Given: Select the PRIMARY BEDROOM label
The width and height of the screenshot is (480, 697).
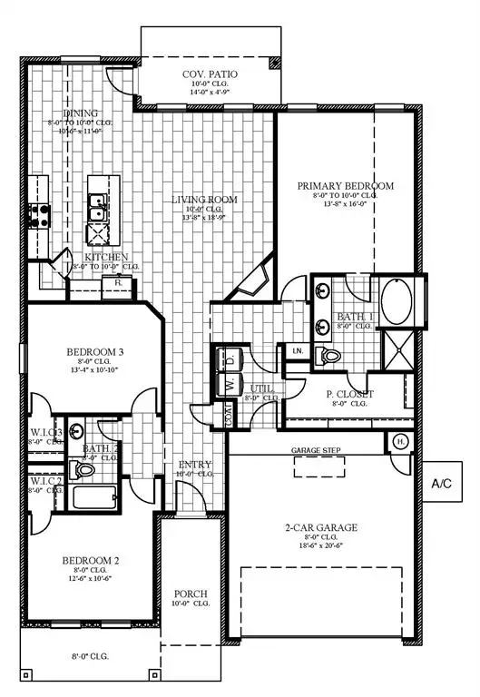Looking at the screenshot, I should (x=345, y=186).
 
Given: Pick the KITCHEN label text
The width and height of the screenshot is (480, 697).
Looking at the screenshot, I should (x=106, y=257).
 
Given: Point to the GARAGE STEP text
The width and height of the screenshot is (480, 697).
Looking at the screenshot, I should (x=314, y=450).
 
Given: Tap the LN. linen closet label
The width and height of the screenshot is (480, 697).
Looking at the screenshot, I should (x=297, y=350).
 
